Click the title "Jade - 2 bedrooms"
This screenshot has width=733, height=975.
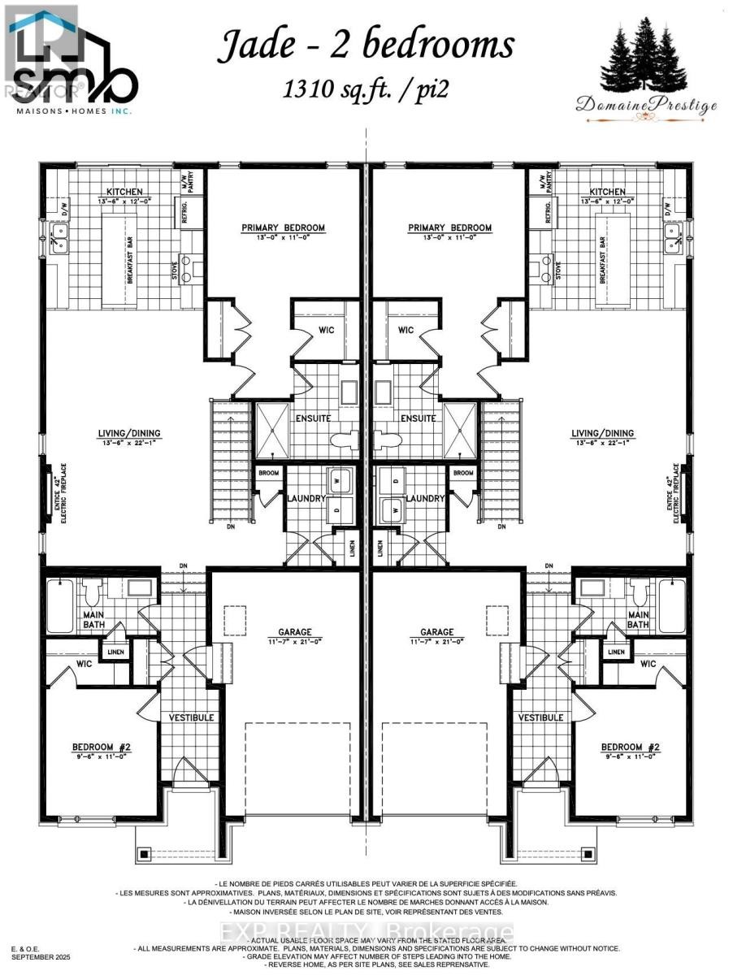tap(365, 46)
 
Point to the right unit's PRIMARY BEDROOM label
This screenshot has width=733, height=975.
tap(449, 227)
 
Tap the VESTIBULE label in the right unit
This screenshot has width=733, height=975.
tap(541, 717)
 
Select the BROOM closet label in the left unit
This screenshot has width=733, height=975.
tap(269, 473)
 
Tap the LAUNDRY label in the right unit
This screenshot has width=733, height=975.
tap(424, 498)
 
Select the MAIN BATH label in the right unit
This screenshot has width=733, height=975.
tap(638, 619)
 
